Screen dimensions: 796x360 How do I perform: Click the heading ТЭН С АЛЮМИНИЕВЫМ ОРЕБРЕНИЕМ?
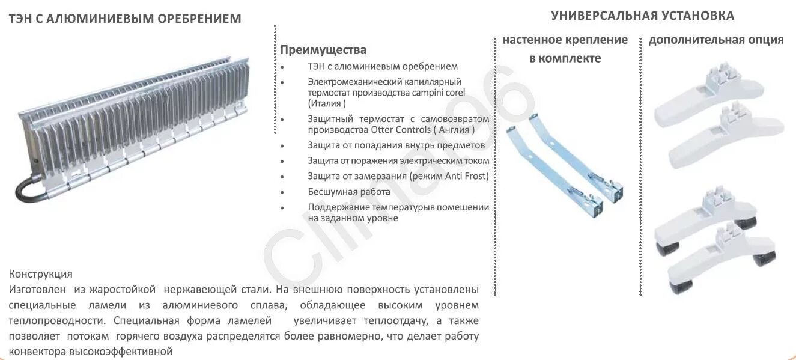125,19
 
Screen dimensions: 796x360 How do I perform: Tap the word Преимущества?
323,50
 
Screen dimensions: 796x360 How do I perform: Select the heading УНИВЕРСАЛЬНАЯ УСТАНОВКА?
642,16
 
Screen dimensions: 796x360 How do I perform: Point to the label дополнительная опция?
715,40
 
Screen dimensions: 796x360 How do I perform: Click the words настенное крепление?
565,40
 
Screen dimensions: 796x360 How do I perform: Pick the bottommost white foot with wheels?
721,258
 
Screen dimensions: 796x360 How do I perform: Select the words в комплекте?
565,59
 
